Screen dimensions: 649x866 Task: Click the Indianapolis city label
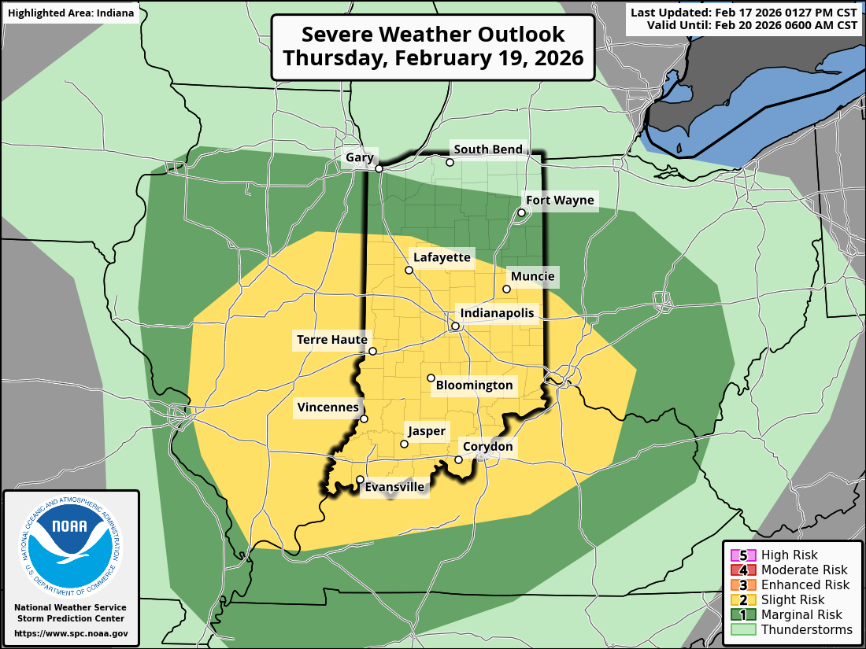click(497, 313)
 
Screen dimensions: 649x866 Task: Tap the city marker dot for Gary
click(379, 168)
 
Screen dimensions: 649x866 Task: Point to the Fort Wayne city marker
click(521, 212)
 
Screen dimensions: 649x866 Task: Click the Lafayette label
click(442, 257)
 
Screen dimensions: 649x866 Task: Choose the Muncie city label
click(532, 276)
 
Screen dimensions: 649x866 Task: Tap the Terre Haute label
click(331, 340)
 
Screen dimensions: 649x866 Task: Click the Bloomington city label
click(474, 385)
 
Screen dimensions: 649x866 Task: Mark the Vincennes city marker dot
click(364, 419)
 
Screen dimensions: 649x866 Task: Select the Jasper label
click(426, 431)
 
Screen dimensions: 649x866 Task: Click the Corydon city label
click(487, 447)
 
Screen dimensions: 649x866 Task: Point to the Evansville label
click(395, 488)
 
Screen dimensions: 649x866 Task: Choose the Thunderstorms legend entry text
click(806, 629)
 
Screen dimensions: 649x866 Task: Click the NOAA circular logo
click(71, 544)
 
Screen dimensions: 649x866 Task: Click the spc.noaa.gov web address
click(71, 633)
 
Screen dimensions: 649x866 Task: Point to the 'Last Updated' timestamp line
click(744, 13)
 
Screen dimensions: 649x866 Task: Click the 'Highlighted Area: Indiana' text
click(71, 13)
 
